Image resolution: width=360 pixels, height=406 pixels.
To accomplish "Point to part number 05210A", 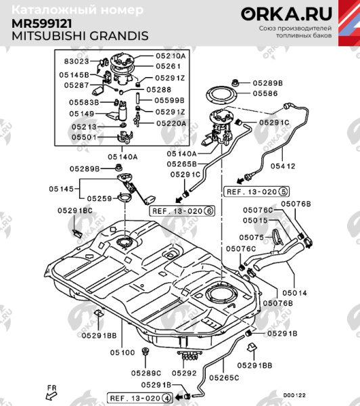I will pos(170,55).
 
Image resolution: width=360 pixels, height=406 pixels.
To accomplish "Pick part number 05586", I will pos(266,93).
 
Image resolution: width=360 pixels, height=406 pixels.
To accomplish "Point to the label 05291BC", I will pos(74,211).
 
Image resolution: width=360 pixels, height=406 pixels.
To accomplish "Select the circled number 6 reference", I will pos(208,211).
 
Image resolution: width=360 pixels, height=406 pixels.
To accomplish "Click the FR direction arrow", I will pos(51,392).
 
